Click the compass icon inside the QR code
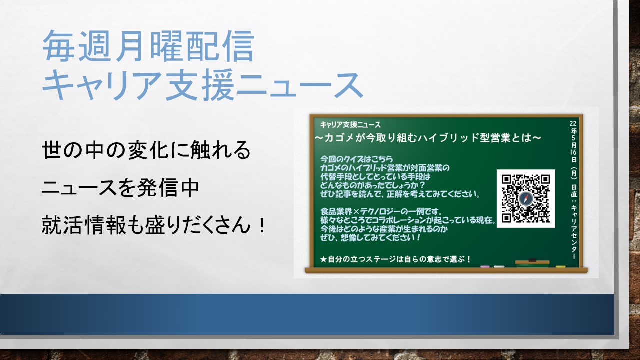click(x=526, y=199)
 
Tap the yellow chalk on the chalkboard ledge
click(x=561, y=267)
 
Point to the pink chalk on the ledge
click(x=485, y=267)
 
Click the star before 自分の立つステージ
click(x=323, y=259)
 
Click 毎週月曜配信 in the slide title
click(x=148, y=46)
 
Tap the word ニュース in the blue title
click(x=299, y=85)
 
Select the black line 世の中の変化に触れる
click(x=146, y=150)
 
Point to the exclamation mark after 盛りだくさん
click(x=261, y=225)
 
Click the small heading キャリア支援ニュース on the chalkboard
click(x=350, y=125)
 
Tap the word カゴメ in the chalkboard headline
click(x=339, y=138)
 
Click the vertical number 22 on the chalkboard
click(x=573, y=123)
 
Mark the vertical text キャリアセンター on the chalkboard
click(x=573, y=232)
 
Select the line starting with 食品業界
click(x=381, y=211)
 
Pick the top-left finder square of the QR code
click(x=506, y=179)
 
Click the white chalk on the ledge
click(x=499, y=267)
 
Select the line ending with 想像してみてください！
click(x=370, y=237)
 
